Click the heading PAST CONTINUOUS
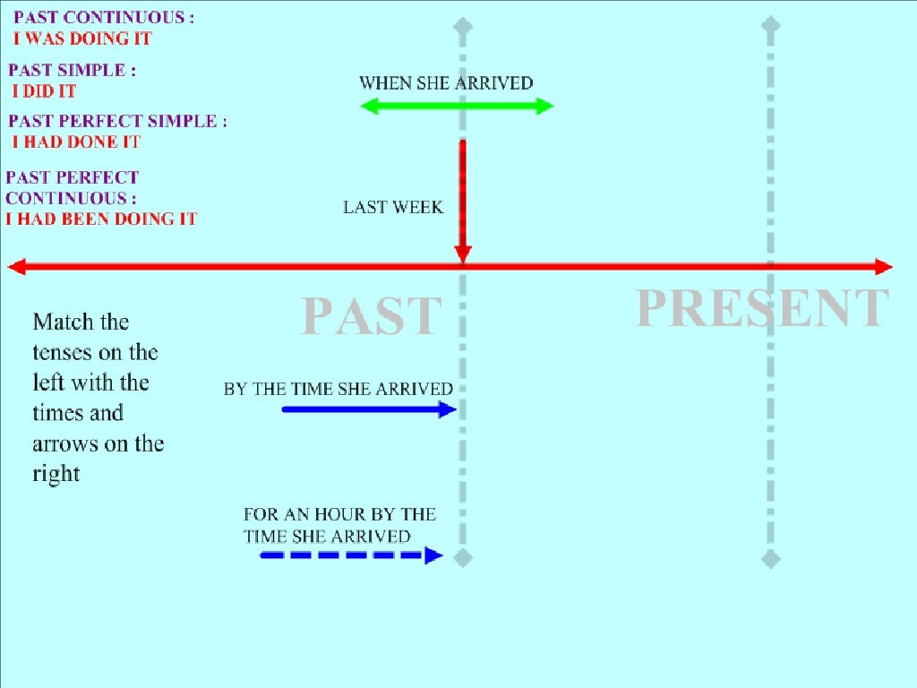pos(103,18)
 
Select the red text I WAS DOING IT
pos(82,39)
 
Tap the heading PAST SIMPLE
pos(72,71)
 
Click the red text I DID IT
pos(44,91)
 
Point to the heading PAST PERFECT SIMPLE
pos(116,122)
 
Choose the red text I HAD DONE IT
pos(76,142)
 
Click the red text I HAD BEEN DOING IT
pos(101,219)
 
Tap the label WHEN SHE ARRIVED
pos(446,83)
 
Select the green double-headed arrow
pos(457,107)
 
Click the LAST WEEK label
pos(393,208)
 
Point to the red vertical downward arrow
pos(462,197)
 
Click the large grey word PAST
pos(372,316)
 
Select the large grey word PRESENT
pos(762,308)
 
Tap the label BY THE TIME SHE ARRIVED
pos(339,390)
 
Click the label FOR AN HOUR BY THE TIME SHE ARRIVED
pos(339,526)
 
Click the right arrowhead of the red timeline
pos(883,267)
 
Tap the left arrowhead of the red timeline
pos(16,267)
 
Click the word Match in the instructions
pos(81,322)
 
